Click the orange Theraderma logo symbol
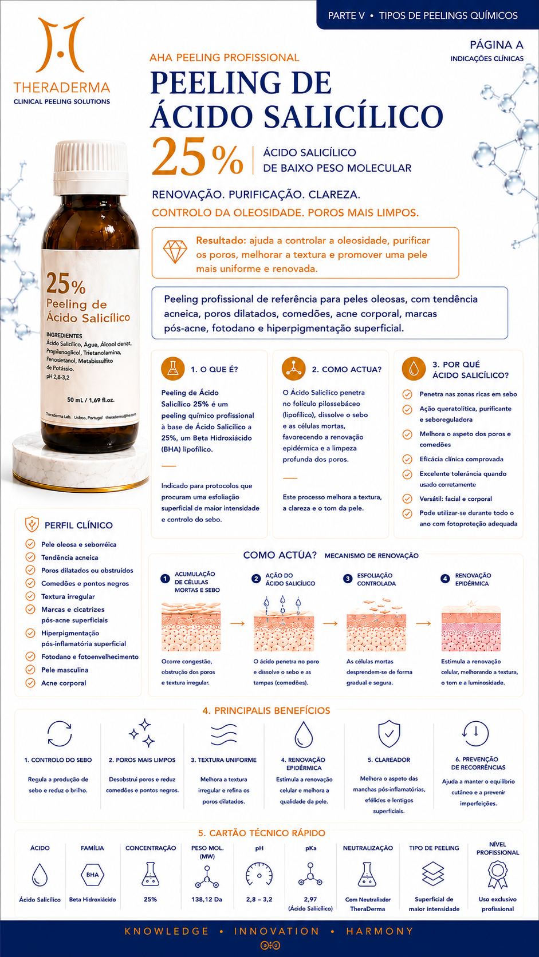click(60, 45)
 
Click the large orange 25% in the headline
click(198, 156)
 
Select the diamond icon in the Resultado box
click(175, 251)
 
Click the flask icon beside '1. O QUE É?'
click(172, 368)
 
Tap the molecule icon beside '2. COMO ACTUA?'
click(294, 368)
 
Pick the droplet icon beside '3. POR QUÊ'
click(414, 368)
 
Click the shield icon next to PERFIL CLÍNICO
click(32, 524)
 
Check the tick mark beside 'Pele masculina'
click(30, 670)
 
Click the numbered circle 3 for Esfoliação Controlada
click(348, 579)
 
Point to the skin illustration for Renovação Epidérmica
click(471, 626)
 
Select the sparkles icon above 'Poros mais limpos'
click(142, 733)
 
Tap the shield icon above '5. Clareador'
click(389, 734)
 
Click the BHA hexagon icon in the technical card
click(92, 875)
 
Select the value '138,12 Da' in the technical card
click(207, 899)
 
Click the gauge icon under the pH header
click(259, 874)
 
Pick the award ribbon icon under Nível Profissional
click(498, 875)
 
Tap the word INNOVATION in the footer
click(277, 931)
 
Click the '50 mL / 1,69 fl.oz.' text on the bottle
click(91, 400)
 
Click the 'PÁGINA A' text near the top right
click(496, 45)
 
